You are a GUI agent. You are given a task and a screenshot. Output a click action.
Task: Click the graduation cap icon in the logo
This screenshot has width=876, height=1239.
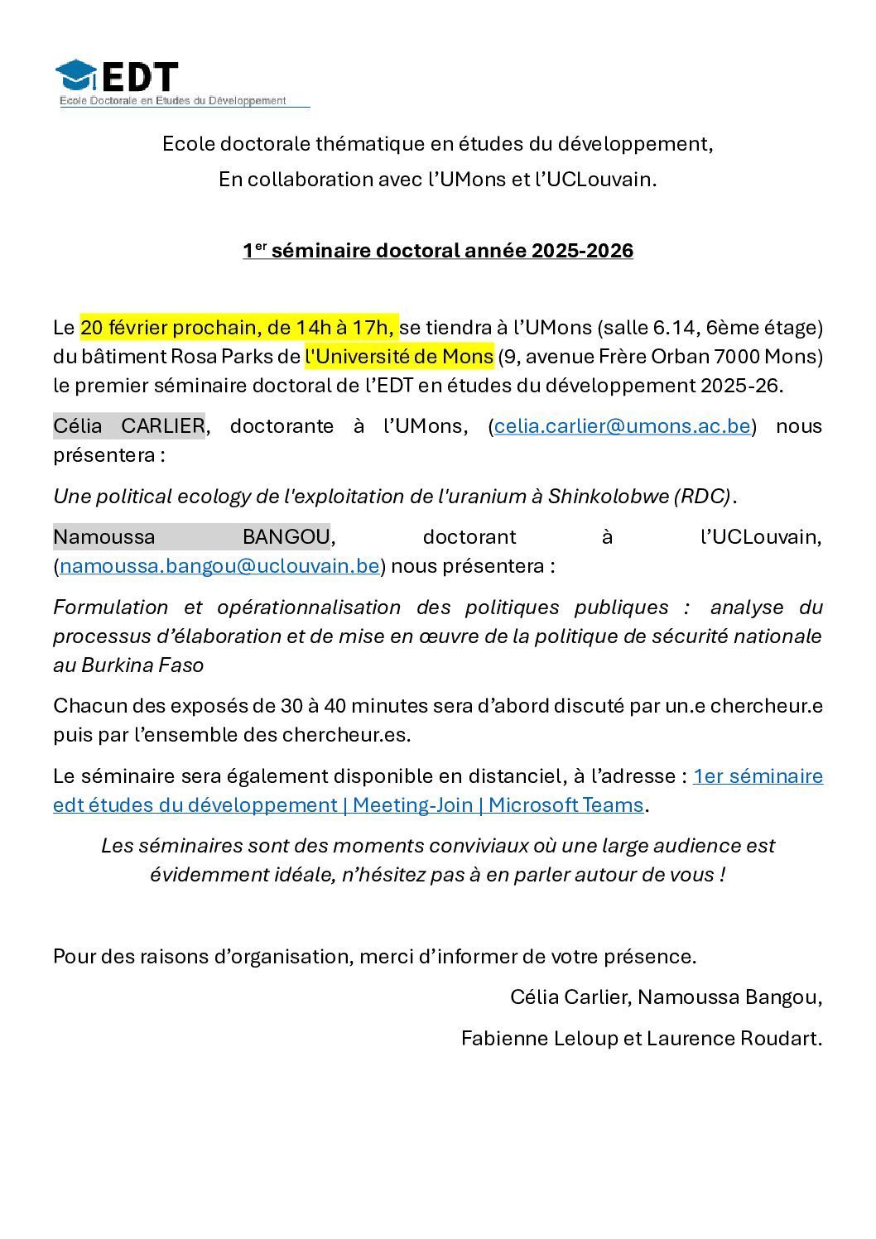pyautogui.click(x=76, y=75)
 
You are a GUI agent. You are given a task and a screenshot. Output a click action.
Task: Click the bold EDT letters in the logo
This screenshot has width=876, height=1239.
pyautogui.click(x=140, y=77)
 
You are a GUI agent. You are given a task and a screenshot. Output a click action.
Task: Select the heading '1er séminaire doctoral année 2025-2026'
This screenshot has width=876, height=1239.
pyautogui.click(x=438, y=251)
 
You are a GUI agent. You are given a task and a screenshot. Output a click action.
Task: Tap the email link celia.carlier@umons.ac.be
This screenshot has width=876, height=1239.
pyautogui.click(x=622, y=426)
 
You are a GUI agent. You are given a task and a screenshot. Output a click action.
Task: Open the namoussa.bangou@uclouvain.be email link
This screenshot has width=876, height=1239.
pyautogui.click(x=219, y=566)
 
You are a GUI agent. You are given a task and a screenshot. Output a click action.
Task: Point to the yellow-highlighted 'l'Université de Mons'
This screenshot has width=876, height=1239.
pyautogui.click(x=399, y=357)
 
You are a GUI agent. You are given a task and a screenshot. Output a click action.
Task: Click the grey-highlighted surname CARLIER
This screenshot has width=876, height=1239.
pyautogui.click(x=163, y=426)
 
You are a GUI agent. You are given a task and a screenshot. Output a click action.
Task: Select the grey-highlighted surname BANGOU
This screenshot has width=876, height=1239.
pyautogui.click(x=286, y=537)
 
